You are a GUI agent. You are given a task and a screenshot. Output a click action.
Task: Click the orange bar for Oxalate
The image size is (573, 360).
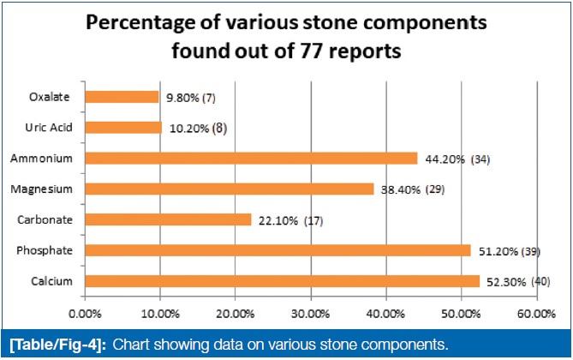(122, 97)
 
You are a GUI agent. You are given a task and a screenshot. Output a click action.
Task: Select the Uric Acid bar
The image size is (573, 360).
(123, 128)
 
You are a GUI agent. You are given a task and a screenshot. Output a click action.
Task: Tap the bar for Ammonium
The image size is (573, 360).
(251, 159)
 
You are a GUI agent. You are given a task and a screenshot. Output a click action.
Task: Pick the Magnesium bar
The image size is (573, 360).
(230, 189)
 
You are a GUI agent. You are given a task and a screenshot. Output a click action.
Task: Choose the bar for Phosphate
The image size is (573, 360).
(278, 250)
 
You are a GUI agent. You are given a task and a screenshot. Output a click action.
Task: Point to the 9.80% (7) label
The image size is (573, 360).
(188, 98)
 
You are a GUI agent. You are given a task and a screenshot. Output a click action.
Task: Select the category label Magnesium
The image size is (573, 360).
(40, 189)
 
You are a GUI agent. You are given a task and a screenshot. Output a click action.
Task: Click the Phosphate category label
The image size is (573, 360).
(42, 250)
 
